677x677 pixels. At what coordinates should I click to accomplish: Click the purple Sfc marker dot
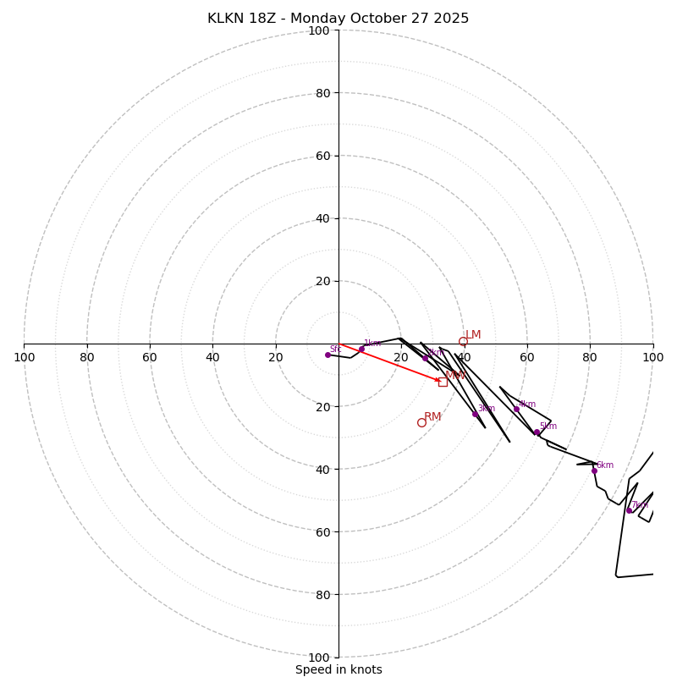(x=327, y=355)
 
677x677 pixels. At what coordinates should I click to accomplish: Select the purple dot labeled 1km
(x=361, y=349)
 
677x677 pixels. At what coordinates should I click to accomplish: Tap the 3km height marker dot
(x=475, y=414)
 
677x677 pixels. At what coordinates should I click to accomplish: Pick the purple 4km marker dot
(x=516, y=410)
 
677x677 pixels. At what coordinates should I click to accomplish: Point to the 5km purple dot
(x=537, y=432)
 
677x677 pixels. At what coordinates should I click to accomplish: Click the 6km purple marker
(x=594, y=471)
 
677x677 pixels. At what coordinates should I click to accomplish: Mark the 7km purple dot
(x=629, y=510)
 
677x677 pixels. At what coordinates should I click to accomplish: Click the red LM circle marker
(x=463, y=342)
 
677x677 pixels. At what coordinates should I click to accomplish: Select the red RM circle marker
(x=421, y=422)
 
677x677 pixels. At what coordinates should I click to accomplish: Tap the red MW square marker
(x=443, y=382)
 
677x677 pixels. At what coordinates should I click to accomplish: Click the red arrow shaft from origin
(x=389, y=362)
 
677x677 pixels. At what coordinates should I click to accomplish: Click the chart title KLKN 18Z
(x=338, y=19)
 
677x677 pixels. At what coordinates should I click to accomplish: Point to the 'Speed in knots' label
(x=338, y=669)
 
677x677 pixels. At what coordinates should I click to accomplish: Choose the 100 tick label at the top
(x=319, y=30)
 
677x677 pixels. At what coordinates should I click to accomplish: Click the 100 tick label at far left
(x=24, y=357)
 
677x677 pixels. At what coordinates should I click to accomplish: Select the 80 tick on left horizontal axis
(x=87, y=357)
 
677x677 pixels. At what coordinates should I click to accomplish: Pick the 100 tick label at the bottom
(x=319, y=657)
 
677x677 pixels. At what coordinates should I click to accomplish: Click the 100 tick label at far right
(x=652, y=357)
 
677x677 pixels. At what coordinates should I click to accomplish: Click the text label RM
(x=432, y=416)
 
